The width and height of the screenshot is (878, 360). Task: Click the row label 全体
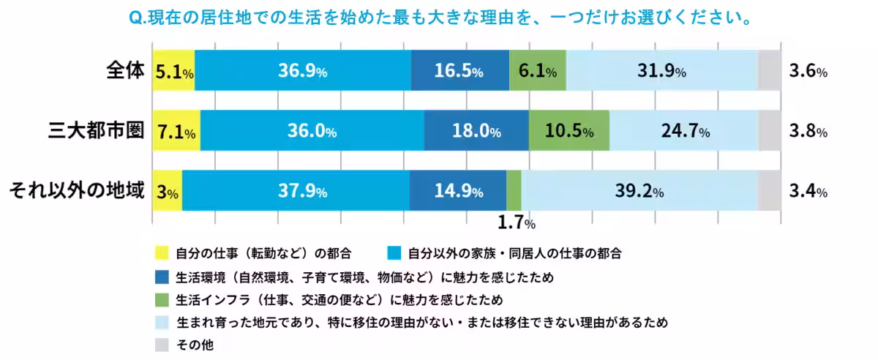pos(125,72)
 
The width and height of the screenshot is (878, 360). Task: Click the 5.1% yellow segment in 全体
pos(173,72)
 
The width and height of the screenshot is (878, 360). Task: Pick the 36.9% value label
pos(302,72)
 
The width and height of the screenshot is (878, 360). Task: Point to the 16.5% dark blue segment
pos(459,72)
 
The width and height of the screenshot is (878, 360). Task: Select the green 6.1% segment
pos(537,72)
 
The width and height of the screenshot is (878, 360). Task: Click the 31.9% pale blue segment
pos(661,72)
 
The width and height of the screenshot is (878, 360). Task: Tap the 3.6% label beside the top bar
pos(808,72)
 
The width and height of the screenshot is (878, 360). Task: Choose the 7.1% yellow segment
pos(176,132)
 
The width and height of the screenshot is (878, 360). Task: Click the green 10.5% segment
pos(569,132)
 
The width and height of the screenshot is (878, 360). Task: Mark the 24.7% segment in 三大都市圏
pos(684,132)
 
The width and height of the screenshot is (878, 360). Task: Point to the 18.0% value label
pos(476,132)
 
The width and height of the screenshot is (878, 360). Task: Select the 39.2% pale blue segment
pos(639,192)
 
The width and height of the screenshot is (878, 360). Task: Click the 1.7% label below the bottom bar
pos(517,222)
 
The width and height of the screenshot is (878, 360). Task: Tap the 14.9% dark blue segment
pos(458,192)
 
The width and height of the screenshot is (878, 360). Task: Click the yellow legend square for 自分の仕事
pos(162,253)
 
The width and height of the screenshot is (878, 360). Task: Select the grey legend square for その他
pos(162,345)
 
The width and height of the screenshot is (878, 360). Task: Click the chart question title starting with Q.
pos(438,16)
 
